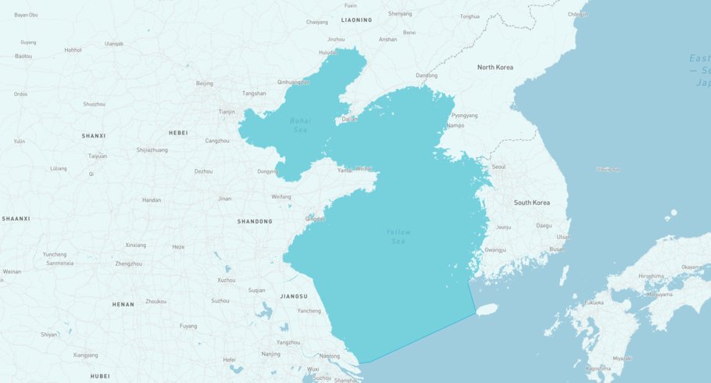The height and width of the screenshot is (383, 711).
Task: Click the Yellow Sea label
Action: point(398,237)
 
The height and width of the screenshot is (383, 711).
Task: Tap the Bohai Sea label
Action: point(301,125)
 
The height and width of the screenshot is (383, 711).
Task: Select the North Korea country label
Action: point(495,67)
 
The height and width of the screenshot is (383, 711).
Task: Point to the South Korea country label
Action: point(531,202)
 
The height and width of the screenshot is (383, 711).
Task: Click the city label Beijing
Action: point(204,83)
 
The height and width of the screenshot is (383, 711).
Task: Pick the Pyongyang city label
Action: point(465,115)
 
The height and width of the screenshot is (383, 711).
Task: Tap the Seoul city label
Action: point(498,166)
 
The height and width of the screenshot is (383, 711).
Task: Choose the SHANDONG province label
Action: point(255,221)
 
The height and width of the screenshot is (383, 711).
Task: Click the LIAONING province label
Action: point(356,20)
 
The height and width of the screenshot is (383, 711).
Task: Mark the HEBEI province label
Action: point(178,133)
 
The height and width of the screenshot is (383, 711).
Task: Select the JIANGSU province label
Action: point(294,296)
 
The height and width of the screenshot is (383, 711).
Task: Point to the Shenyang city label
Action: point(400,13)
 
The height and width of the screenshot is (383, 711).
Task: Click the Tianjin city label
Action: point(227,112)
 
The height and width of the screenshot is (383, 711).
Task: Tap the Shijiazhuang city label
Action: point(152,149)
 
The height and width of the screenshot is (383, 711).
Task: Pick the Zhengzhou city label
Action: point(129,263)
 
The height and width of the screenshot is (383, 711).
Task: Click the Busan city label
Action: point(557,249)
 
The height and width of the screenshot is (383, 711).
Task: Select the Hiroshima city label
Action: point(651,276)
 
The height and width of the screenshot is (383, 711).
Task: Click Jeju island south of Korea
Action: point(487,310)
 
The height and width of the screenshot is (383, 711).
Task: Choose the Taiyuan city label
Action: point(98,156)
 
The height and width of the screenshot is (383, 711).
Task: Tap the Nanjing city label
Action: point(271,353)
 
